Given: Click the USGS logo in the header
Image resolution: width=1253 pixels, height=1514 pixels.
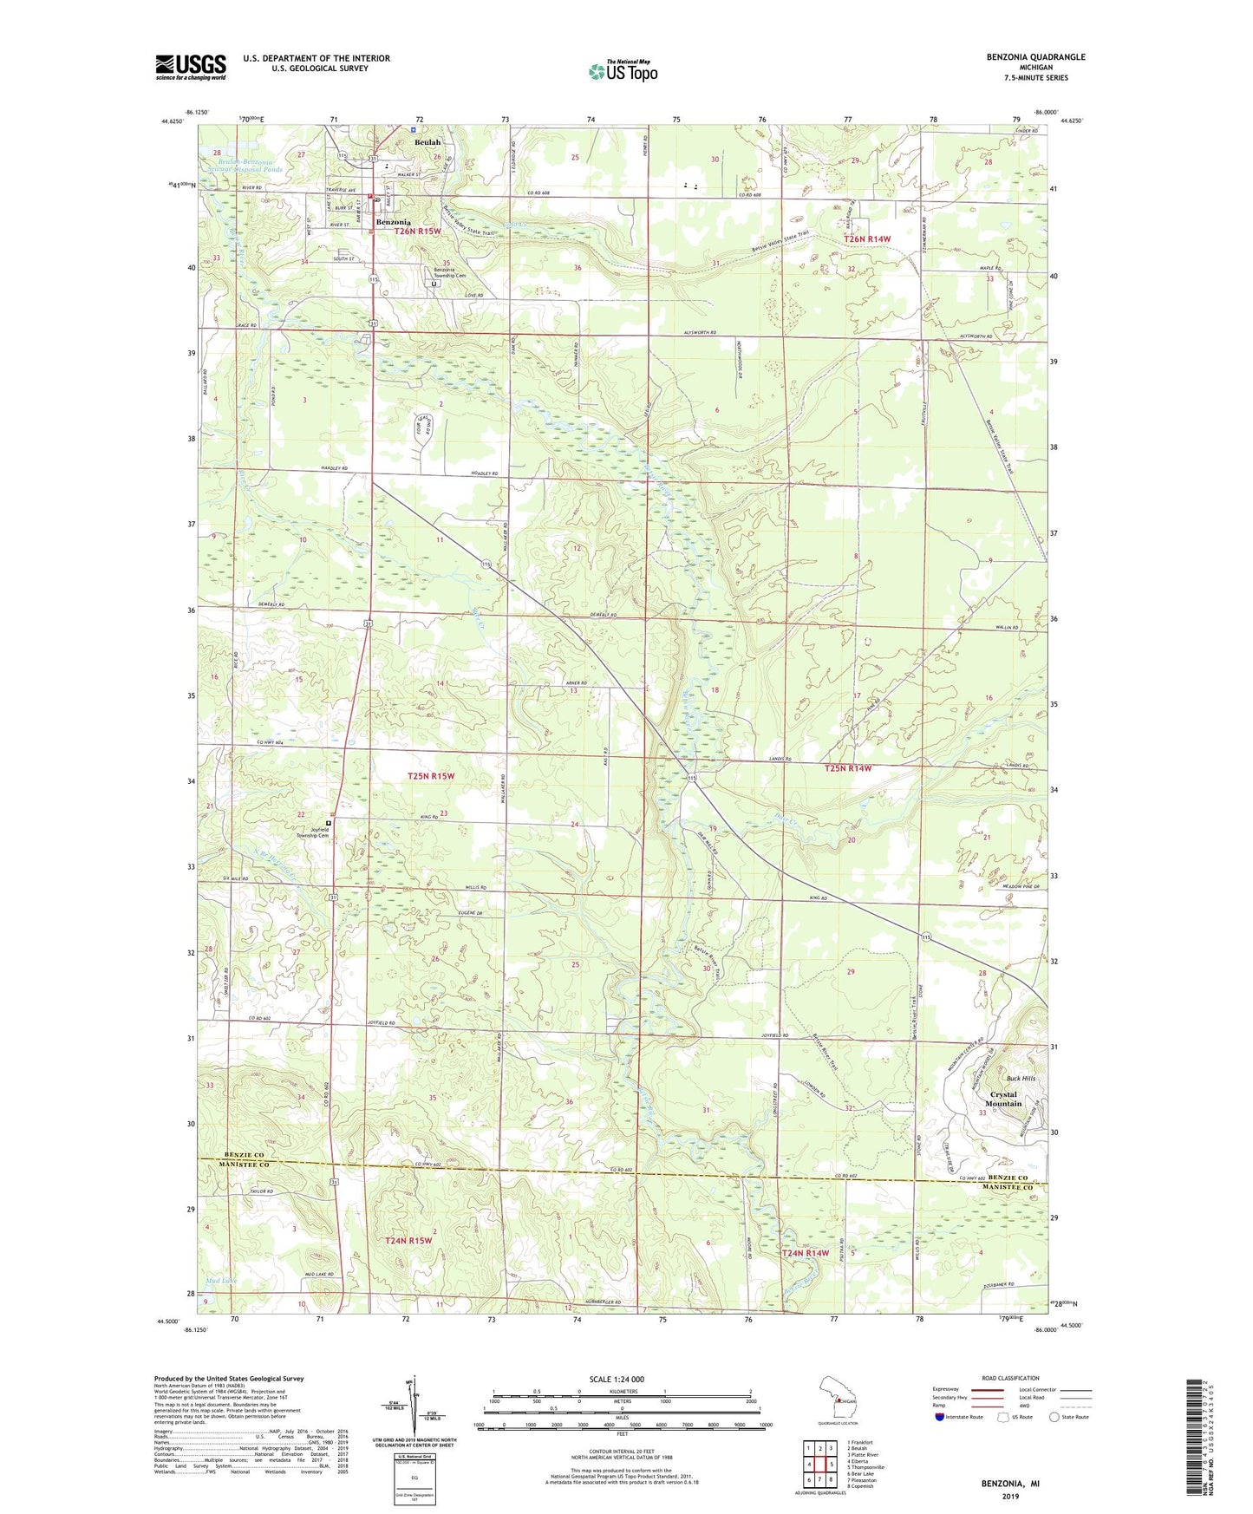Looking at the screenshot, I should click(x=191, y=66).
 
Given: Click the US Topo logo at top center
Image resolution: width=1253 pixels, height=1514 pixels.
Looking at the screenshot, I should click(x=623, y=71).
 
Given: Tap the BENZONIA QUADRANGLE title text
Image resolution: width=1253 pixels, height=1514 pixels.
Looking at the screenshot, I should click(x=1035, y=57).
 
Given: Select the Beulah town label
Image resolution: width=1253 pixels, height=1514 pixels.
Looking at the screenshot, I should click(x=427, y=142).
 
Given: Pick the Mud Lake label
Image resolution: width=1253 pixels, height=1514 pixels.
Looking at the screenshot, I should click(x=220, y=1281).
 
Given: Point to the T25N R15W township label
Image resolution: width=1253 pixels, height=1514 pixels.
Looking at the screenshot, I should click(x=431, y=776).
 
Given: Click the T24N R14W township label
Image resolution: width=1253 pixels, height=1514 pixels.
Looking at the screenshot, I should click(x=806, y=1253).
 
